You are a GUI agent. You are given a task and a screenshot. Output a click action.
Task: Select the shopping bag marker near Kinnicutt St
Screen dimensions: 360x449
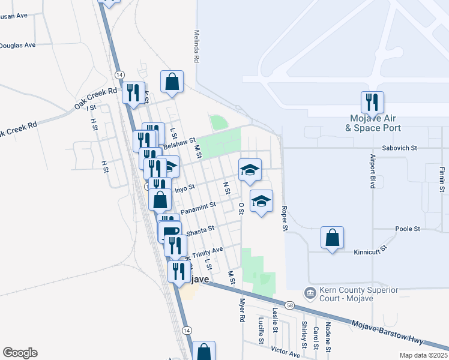point(332,238)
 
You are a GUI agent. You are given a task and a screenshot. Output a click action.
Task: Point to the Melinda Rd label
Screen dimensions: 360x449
point(196,47)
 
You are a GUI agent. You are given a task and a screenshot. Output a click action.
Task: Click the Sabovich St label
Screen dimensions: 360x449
point(399,147)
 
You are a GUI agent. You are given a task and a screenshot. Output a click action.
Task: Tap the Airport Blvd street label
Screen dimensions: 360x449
point(373,170)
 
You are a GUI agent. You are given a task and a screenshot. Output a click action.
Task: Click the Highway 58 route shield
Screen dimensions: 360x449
point(290,305)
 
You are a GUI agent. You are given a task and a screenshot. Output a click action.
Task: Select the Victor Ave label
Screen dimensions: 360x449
point(285,352)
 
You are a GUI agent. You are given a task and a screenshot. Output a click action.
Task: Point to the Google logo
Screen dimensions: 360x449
point(20,353)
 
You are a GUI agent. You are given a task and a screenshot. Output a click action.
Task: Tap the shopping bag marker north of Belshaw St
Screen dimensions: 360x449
point(172,82)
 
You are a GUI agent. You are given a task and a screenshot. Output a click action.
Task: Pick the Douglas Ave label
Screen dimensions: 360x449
point(17,45)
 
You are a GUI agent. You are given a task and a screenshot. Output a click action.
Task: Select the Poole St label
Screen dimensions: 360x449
point(408,229)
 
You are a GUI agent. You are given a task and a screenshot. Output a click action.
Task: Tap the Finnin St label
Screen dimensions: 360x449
point(441,180)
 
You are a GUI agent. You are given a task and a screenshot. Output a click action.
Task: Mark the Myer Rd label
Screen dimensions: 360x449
point(243,311)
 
